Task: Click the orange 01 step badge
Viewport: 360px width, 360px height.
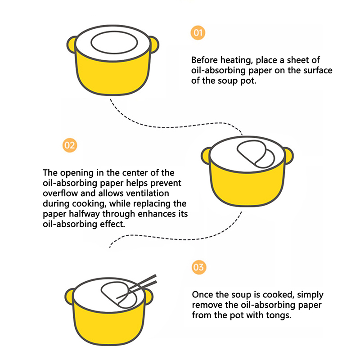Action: (x=198, y=32)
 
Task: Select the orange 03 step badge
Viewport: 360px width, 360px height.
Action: (x=198, y=267)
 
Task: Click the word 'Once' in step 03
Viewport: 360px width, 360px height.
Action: (x=202, y=295)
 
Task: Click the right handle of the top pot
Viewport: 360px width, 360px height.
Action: (x=153, y=45)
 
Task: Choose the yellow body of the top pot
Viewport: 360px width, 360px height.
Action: (x=112, y=74)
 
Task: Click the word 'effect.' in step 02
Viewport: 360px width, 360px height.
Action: (x=114, y=224)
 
